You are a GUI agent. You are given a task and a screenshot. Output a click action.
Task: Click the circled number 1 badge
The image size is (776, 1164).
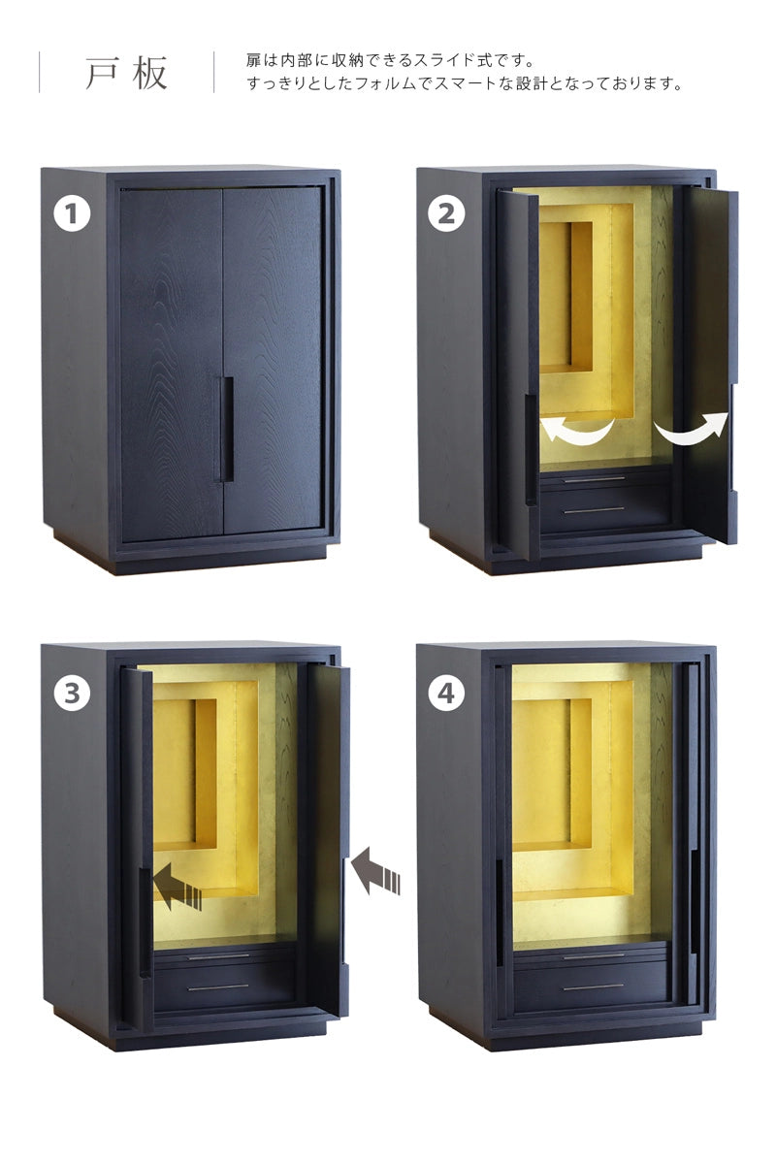click(72, 213)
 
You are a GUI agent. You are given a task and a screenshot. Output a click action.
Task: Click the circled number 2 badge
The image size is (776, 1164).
click(446, 213)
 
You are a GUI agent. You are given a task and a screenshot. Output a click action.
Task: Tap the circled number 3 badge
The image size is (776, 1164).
click(72, 693)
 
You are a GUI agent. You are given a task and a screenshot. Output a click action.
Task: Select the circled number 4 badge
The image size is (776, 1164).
click(446, 693)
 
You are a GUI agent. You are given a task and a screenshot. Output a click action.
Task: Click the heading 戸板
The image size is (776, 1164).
click(126, 73)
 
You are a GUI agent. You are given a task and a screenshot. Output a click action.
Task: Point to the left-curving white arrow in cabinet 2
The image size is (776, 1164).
click(577, 434)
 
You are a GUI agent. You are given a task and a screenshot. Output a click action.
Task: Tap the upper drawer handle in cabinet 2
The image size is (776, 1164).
click(594, 479)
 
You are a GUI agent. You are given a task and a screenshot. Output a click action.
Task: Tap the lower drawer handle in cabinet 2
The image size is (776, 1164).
click(594, 511)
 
